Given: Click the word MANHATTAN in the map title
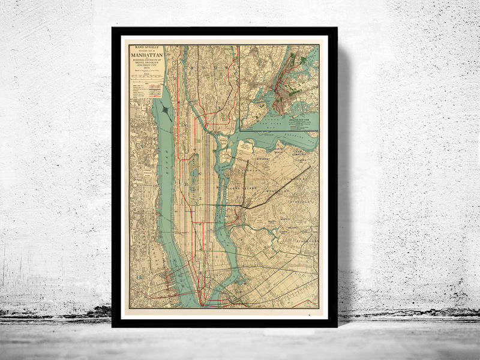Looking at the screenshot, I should (146, 56).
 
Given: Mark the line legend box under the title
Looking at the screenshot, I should (146, 91).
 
